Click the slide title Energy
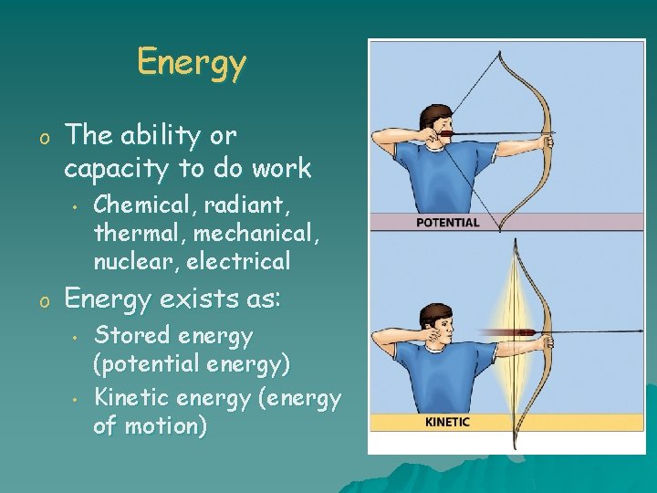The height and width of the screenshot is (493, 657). pyautogui.click(x=192, y=63)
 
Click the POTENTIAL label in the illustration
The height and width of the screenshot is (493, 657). pyautogui.click(x=447, y=222)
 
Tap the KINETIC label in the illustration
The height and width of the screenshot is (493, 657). pyautogui.click(x=447, y=422)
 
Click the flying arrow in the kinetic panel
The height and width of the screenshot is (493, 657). pyautogui.click(x=516, y=332)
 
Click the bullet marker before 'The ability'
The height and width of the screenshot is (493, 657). pyautogui.click(x=43, y=138)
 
